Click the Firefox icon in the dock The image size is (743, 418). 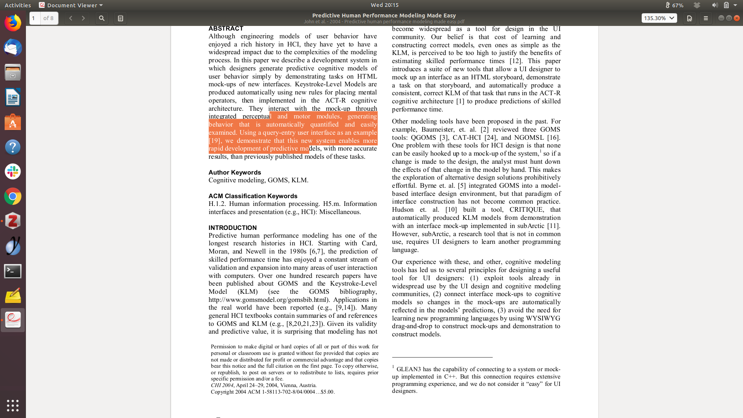point(13,23)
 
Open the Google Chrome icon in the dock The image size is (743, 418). point(13,197)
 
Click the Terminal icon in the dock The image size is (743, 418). point(13,271)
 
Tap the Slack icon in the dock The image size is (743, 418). point(13,171)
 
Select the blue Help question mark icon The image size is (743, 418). point(13,147)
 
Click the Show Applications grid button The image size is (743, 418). point(13,405)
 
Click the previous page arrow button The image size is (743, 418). point(70,18)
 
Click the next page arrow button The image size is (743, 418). point(83,18)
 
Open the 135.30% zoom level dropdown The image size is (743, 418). point(659,18)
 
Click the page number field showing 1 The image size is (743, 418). point(34,18)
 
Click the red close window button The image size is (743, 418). point(737,18)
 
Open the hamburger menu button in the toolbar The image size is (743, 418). point(705,18)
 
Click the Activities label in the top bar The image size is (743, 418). point(18,5)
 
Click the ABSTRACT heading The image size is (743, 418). point(226,29)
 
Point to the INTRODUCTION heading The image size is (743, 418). point(232,228)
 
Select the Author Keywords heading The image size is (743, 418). point(235,172)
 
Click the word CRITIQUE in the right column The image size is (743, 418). point(526,209)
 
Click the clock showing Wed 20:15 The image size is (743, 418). point(384,5)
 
